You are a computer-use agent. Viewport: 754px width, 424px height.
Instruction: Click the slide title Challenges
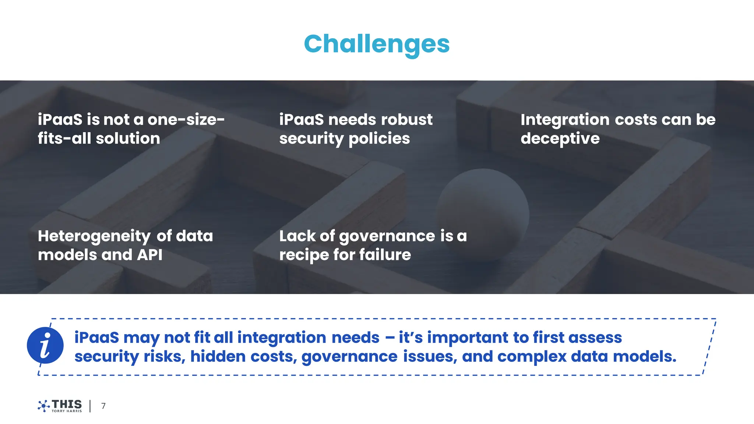(x=377, y=44)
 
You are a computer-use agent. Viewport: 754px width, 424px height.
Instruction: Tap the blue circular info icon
(x=45, y=345)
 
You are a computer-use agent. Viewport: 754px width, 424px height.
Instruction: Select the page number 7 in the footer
(x=103, y=406)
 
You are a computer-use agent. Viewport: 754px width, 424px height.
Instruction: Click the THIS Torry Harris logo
(x=60, y=406)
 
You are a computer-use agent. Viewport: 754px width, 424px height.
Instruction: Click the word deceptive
(x=560, y=139)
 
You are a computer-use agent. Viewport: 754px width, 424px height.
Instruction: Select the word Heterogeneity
(x=94, y=236)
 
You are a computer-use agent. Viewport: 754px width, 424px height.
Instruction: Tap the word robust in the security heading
(x=407, y=120)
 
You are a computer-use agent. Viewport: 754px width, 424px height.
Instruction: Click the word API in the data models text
(x=150, y=255)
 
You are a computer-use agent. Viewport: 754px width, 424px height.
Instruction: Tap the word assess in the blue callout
(x=595, y=338)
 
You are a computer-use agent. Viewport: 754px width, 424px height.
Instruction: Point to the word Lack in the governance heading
(x=297, y=236)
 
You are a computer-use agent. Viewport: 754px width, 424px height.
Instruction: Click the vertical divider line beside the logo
(x=90, y=406)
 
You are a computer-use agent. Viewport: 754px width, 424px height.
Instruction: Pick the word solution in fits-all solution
(x=128, y=139)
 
